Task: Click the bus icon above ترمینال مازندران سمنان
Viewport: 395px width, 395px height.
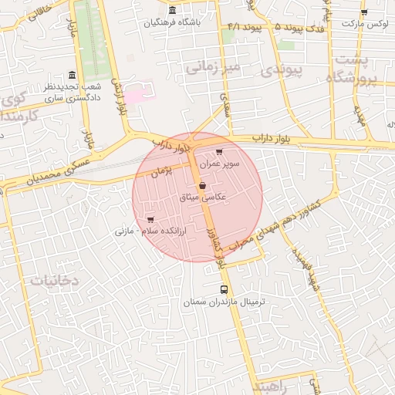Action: click(224, 290)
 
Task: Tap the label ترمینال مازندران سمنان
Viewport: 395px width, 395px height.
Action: click(224, 303)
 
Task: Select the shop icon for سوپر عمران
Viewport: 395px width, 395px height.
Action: click(220, 152)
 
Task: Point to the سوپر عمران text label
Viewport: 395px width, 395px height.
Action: click(221, 164)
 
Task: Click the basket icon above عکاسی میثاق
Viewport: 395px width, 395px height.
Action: click(202, 185)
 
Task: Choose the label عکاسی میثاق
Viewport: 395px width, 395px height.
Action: click(202, 197)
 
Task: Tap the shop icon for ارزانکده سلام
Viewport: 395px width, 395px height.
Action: click(149, 219)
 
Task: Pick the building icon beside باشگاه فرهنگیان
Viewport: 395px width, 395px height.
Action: click(170, 10)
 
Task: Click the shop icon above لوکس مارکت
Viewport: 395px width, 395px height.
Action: click(364, 12)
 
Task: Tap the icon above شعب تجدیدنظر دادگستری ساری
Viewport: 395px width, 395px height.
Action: click(72, 75)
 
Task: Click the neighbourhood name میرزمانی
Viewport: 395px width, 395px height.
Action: click(214, 68)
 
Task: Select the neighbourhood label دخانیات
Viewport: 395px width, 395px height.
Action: click(55, 282)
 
